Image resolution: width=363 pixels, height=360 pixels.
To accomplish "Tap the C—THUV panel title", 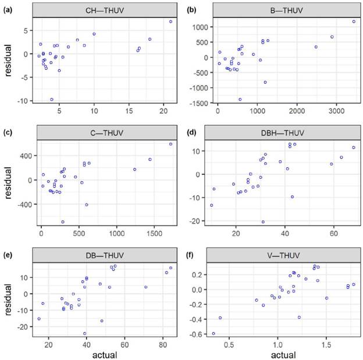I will click(106, 129).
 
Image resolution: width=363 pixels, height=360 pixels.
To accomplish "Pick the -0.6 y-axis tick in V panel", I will click(201, 334).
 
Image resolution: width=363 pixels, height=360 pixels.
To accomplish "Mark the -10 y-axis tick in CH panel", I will click(23, 101).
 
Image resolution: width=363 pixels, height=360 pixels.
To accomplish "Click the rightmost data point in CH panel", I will click(170, 22).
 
